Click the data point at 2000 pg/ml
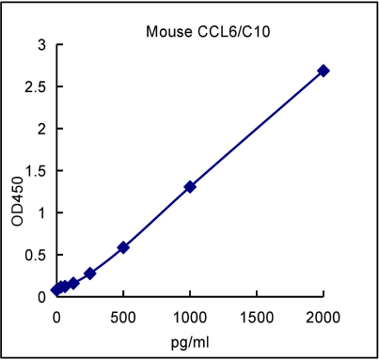click(324, 70)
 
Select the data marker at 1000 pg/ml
click(190, 186)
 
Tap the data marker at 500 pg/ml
click(123, 247)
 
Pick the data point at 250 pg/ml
click(89, 273)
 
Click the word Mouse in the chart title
click(165, 32)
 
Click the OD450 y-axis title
click(16, 202)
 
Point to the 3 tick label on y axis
click(40, 44)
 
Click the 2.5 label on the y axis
click(35, 86)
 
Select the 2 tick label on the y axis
click(40, 129)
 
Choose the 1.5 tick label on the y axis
click(35, 170)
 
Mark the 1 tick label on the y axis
click(40, 212)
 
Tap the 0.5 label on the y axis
click(35, 255)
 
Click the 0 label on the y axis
click(40, 296)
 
